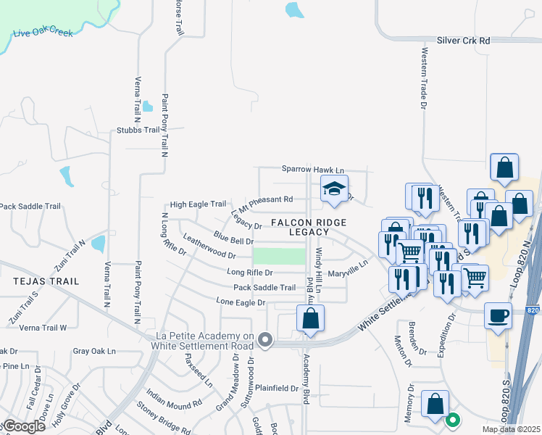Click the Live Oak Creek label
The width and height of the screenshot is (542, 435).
click(43, 33)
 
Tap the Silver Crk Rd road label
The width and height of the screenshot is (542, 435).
click(463, 41)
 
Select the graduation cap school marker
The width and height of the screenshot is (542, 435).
click(334, 190)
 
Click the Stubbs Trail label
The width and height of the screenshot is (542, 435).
click(138, 130)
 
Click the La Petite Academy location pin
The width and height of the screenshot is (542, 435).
click(267, 339)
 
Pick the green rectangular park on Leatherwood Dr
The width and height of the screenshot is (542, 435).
click(279, 256)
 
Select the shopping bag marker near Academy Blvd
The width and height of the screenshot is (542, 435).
click(310, 318)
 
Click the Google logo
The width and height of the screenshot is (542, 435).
click(23, 426)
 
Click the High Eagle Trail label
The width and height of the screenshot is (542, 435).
click(198, 204)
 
